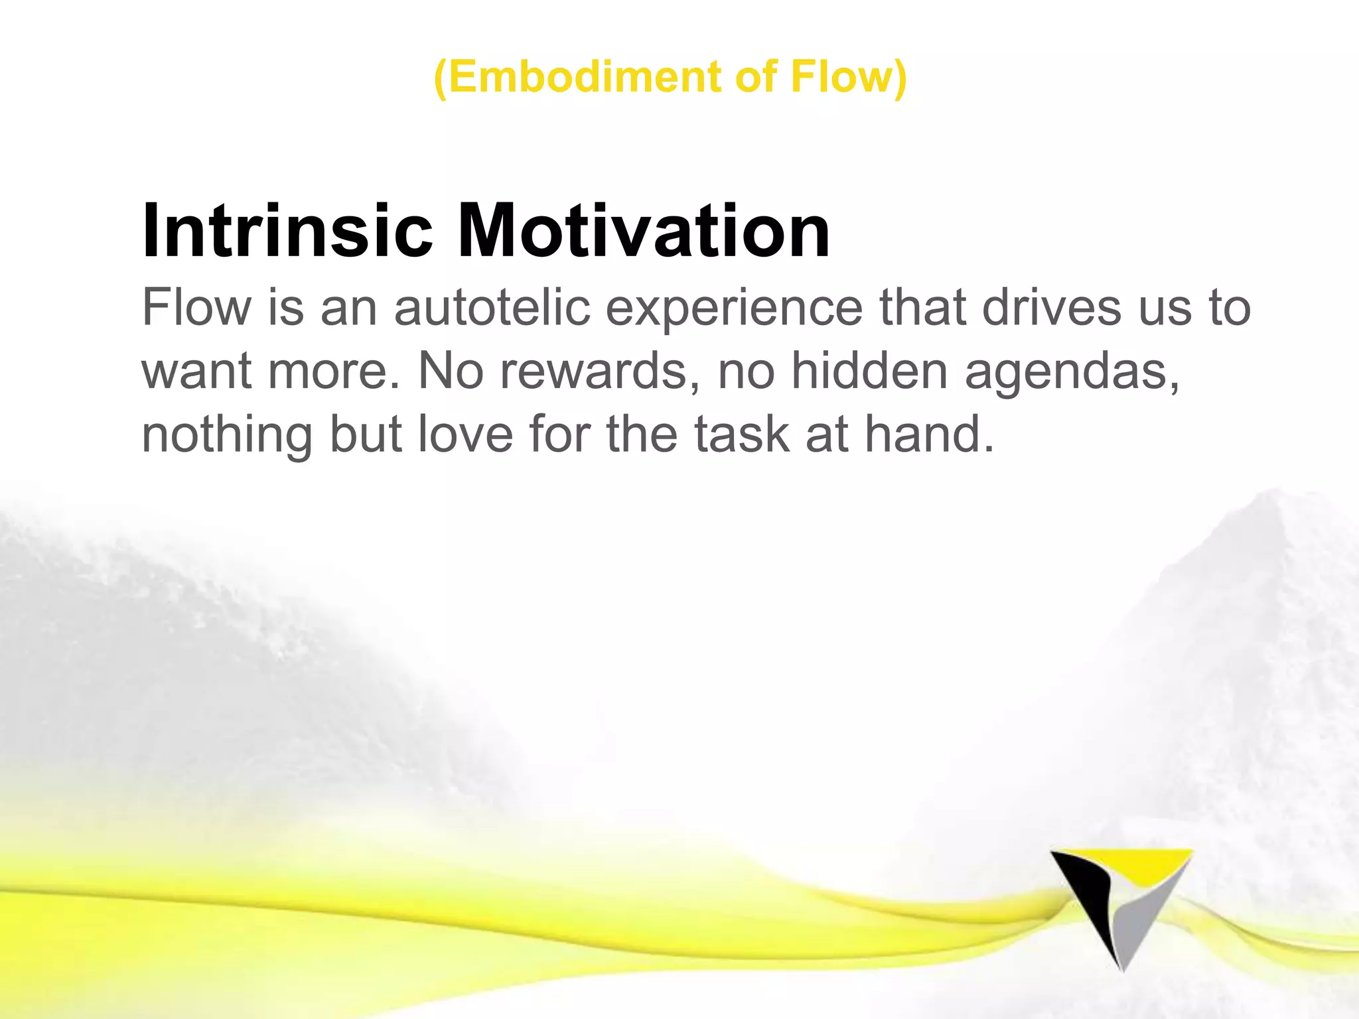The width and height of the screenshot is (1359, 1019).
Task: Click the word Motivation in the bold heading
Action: click(x=644, y=230)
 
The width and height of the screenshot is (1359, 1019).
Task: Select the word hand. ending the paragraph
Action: click(x=929, y=435)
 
